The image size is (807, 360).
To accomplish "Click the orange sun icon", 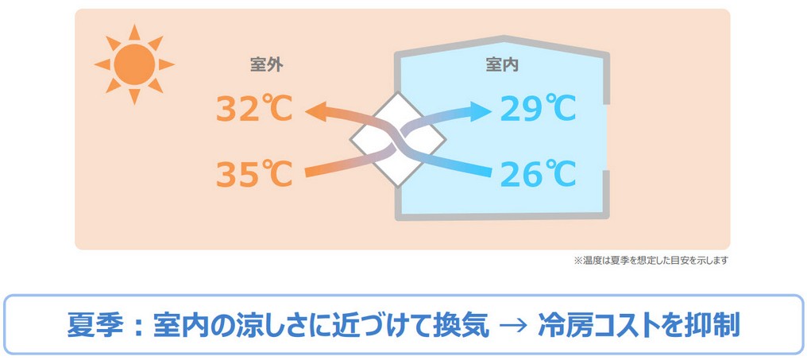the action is coord(134,64).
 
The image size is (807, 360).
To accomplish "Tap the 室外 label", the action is coord(267,65).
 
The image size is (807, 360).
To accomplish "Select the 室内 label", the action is coord(502,65).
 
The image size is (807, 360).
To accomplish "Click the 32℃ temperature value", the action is coord(254,109).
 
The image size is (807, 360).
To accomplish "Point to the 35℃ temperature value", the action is coord(254,173).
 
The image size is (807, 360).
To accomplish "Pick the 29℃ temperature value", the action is coord(538,109).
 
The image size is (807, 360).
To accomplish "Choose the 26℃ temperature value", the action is coord(538,173).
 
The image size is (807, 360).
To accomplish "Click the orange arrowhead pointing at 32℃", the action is coord(316,111).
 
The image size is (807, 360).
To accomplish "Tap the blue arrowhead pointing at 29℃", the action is coord(481,111).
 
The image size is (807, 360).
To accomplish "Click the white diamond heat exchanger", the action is coord(398,140).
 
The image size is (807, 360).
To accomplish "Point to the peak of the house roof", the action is coord(504,37).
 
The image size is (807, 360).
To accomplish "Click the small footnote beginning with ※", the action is coord(651,260).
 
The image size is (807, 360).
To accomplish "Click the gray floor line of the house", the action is coord(502,216).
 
